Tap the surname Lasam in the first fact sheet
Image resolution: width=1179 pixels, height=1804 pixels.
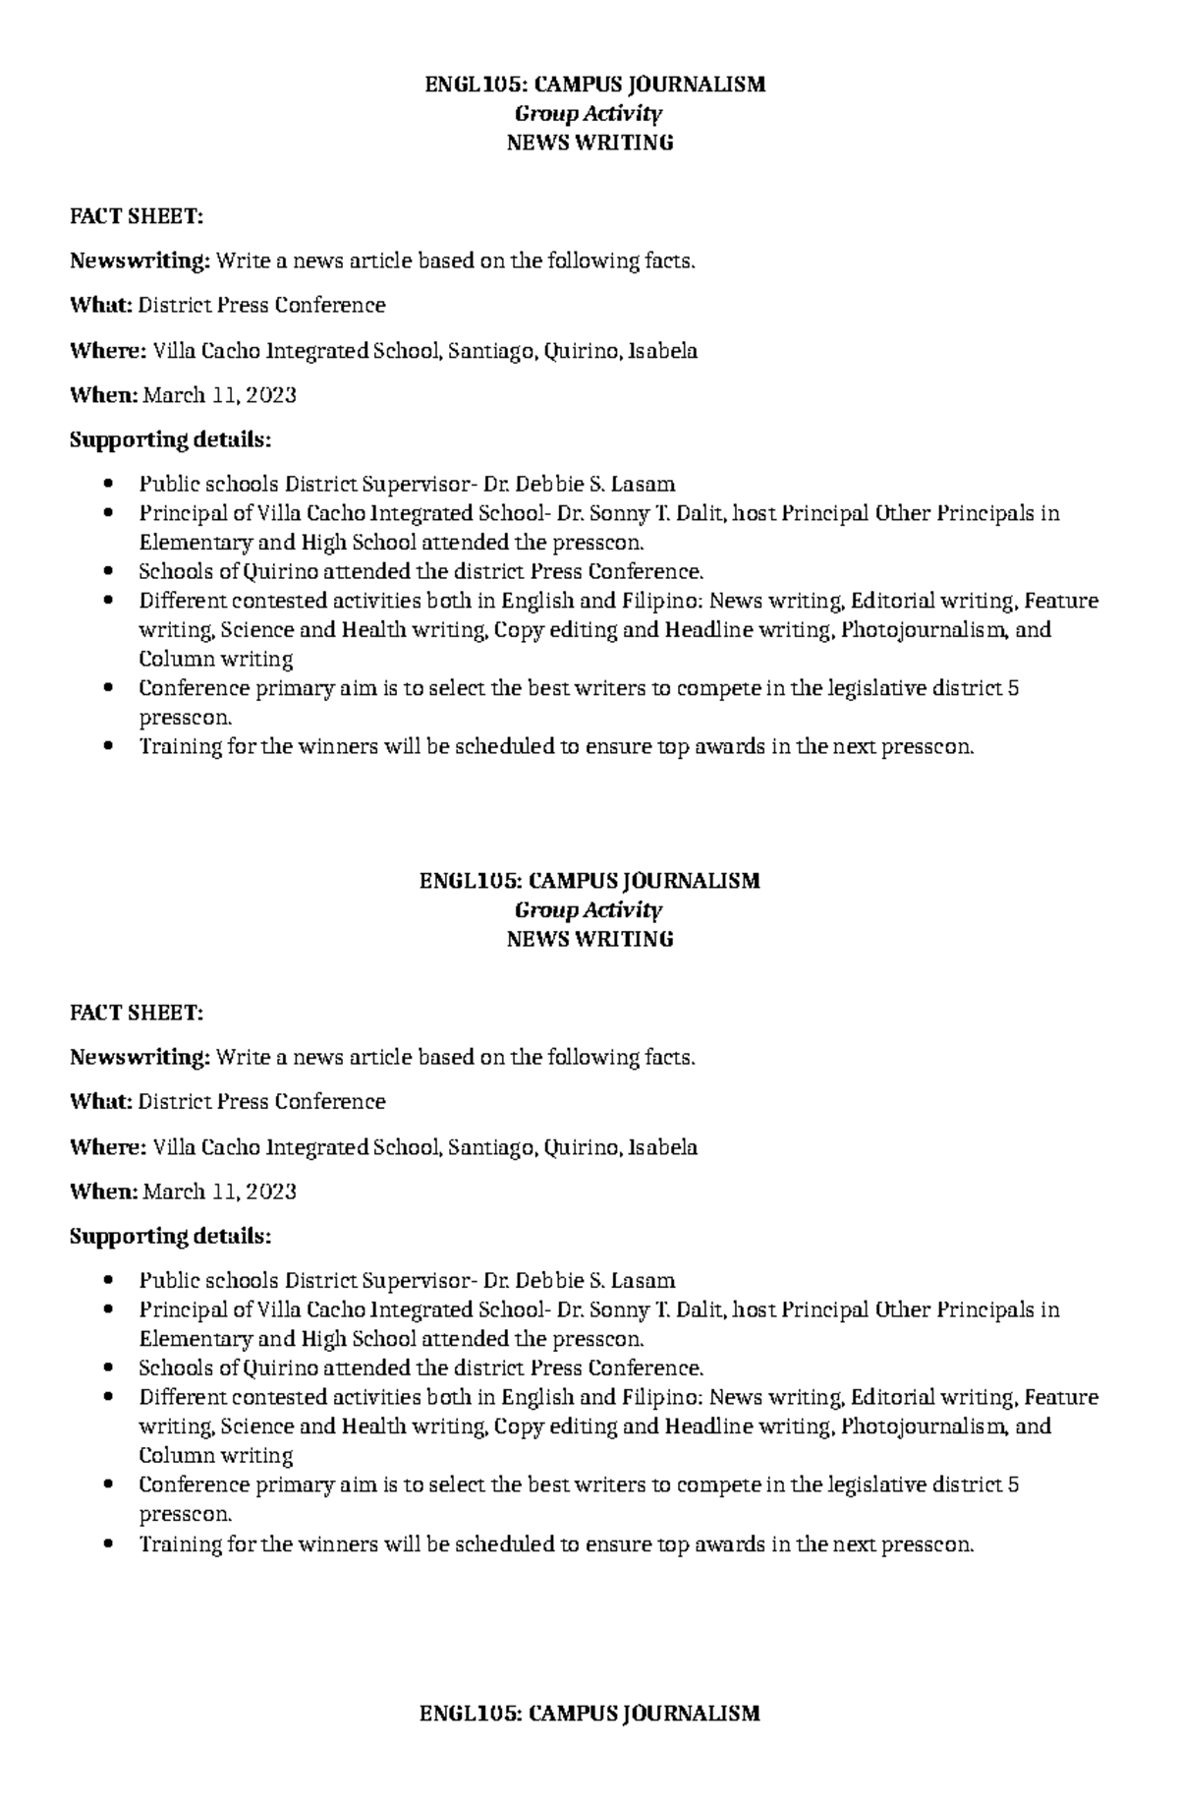click(643, 484)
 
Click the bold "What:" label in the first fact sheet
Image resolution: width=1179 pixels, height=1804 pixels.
click(100, 305)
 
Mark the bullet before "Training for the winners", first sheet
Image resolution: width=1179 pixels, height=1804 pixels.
click(109, 747)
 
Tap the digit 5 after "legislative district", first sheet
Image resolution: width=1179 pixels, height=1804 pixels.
click(1013, 688)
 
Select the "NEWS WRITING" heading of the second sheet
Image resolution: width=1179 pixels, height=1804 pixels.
click(589, 939)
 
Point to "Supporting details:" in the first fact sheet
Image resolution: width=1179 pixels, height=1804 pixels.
click(169, 439)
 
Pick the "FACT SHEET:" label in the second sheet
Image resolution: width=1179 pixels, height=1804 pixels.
click(136, 1013)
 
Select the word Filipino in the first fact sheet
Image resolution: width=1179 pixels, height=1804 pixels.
click(661, 601)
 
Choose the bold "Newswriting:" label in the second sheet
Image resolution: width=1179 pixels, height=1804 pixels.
click(140, 1057)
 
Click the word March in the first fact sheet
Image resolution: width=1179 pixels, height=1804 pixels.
click(174, 395)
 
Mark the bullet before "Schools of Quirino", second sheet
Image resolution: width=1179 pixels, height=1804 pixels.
click(109, 1368)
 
